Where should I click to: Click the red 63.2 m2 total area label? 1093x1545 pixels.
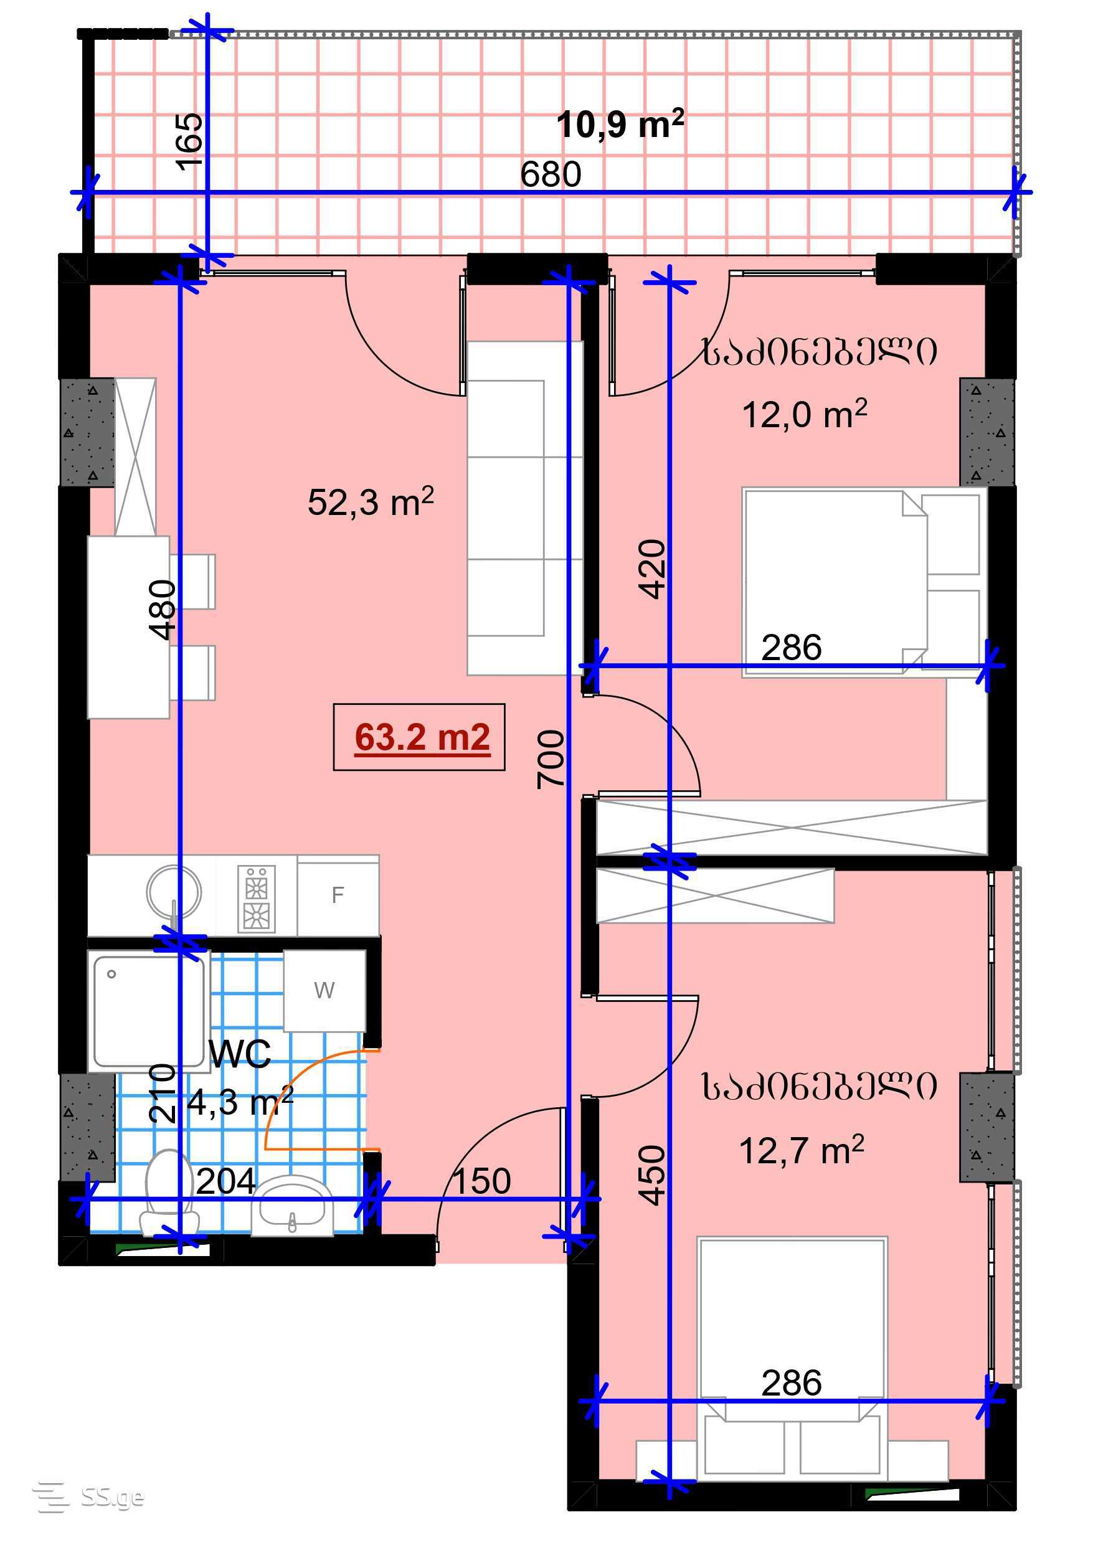tap(422, 737)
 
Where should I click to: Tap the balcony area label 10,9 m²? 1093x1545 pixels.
tap(620, 124)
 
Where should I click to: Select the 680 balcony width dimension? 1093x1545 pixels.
tap(551, 174)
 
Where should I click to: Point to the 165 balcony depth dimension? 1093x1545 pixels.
tap(189, 141)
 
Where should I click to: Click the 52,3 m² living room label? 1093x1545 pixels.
tap(371, 501)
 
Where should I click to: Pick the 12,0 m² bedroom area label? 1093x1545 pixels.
tap(804, 414)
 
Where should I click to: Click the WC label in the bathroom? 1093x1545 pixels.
tap(240, 1054)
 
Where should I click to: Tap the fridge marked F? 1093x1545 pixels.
tap(338, 895)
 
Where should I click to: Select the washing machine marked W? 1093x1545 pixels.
tap(324, 991)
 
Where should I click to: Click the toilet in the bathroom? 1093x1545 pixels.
tap(169, 1195)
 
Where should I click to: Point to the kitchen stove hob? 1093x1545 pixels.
tap(257, 899)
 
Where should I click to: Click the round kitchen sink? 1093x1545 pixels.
tap(174, 891)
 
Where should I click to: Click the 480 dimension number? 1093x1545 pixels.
tap(163, 610)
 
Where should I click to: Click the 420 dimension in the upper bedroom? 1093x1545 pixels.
tap(651, 569)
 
